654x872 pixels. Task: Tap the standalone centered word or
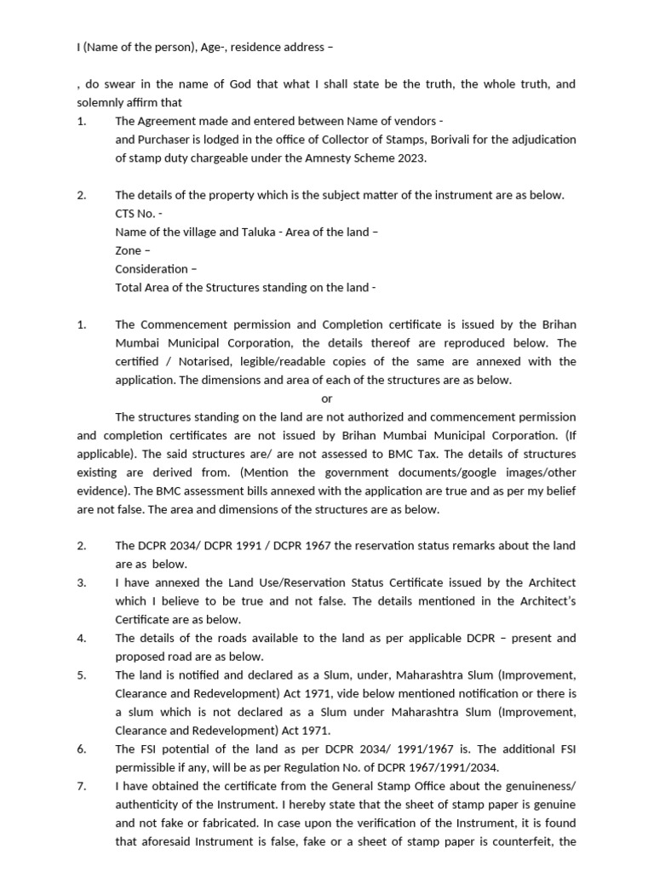pyautogui.click(x=327, y=399)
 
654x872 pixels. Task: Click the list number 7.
pyautogui.click(x=81, y=787)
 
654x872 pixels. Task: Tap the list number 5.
pyautogui.click(x=81, y=675)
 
